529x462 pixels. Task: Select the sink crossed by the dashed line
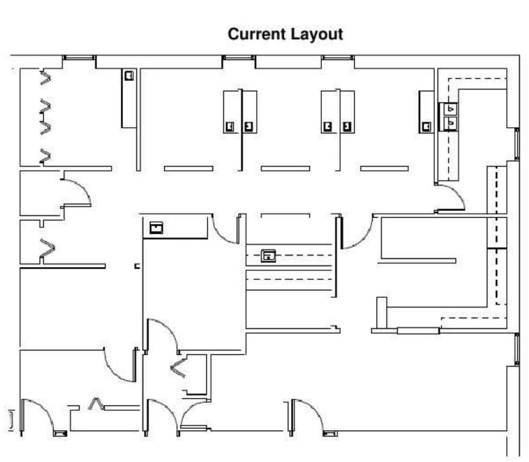pos(269,256)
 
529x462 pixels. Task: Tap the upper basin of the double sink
pos(450,108)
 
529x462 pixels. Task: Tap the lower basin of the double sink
pos(450,122)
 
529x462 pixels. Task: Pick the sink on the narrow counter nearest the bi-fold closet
pos(128,76)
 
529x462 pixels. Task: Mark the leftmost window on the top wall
pos(80,58)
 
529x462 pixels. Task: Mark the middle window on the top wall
pos(239,58)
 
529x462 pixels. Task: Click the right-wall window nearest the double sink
pos(516,143)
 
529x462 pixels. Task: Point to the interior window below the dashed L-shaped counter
pos(418,330)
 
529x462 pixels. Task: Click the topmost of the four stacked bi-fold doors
pos(46,77)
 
